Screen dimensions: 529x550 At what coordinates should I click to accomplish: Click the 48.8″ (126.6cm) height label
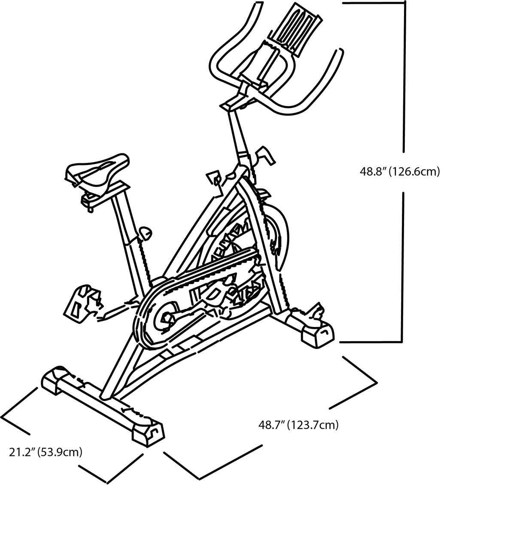click(x=400, y=171)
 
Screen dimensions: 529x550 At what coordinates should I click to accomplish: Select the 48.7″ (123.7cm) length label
click(x=298, y=425)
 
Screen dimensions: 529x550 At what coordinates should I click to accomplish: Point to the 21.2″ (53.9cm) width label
click(x=46, y=452)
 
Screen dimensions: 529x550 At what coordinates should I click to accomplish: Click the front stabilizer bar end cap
click(x=318, y=336)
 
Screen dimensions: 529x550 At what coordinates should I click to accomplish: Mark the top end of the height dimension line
click(x=404, y=2)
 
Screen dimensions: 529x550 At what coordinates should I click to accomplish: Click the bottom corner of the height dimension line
click(x=401, y=342)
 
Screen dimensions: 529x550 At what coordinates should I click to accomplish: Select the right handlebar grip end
click(x=341, y=51)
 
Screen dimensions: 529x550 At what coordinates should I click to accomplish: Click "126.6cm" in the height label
click(x=414, y=171)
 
